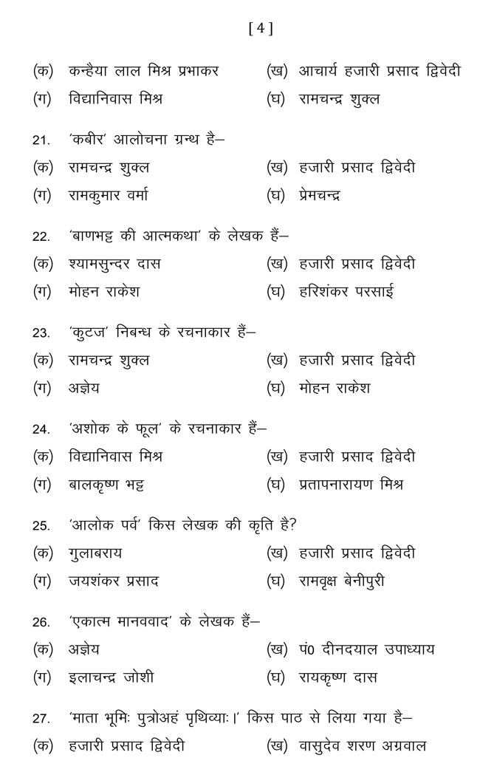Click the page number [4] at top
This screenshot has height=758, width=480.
[x=261, y=29]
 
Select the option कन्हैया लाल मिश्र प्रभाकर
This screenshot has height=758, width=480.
[x=144, y=71]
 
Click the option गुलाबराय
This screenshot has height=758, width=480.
[x=95, y=553]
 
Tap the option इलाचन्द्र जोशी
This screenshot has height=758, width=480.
[x=111, y=677]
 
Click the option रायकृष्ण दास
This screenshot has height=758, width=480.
[x=338, y=677]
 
